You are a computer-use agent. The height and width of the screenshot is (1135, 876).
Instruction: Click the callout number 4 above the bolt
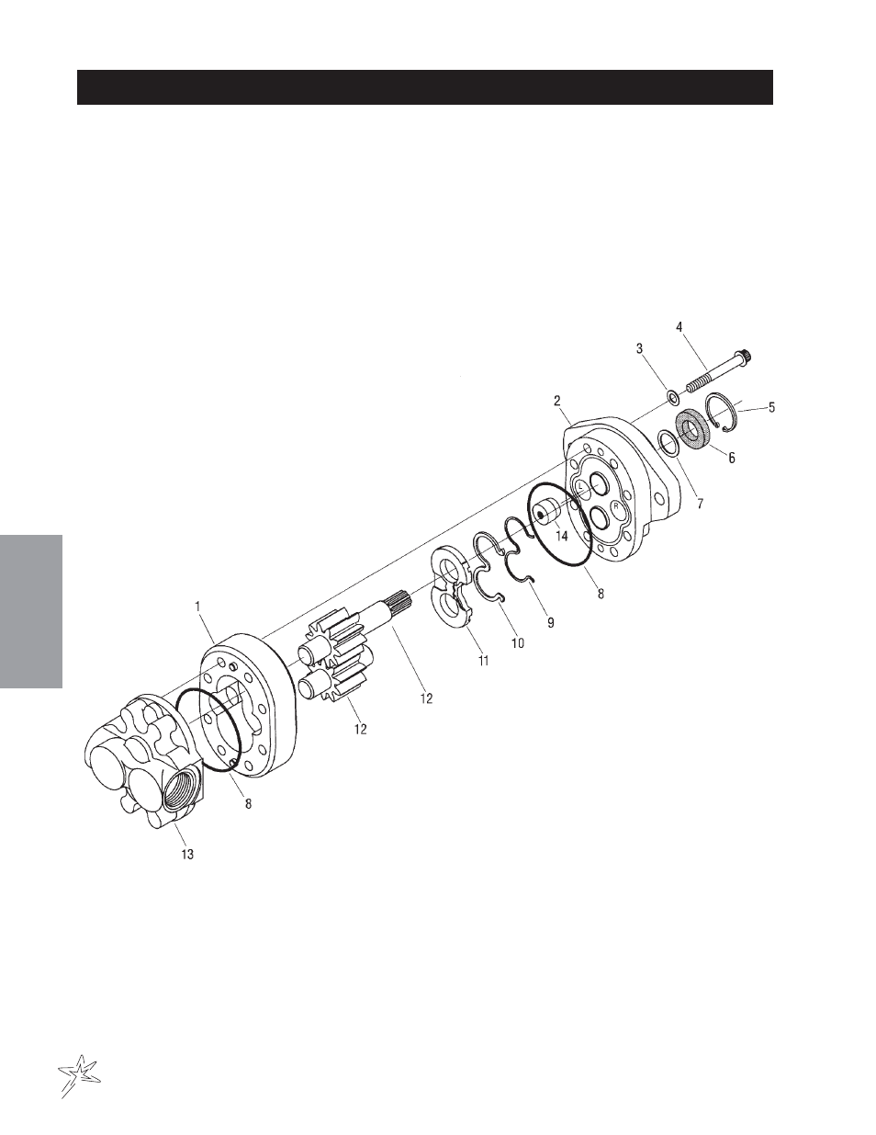point(679,327)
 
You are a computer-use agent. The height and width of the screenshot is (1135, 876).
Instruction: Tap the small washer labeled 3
point(673,397)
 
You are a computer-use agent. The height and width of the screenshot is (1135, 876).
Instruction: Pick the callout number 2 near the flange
point(557,401)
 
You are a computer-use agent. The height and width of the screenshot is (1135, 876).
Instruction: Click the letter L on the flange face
point(580,485)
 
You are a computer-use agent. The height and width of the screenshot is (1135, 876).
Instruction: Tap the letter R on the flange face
point(616,506)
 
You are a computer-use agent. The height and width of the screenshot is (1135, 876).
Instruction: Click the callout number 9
point(550,622)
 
